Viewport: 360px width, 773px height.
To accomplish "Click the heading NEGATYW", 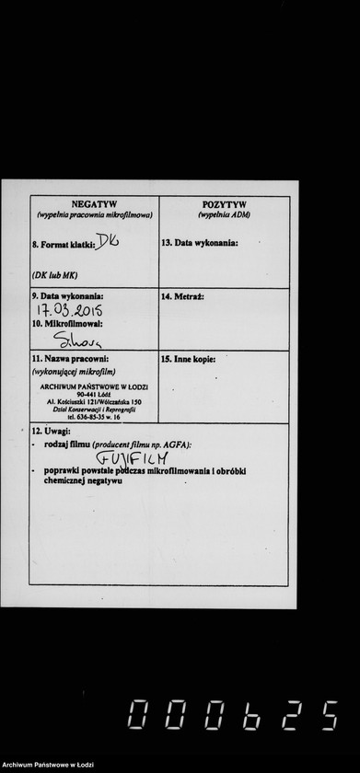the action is [x=94, y=204].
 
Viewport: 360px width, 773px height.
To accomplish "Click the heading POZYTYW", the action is [x=224, y=204].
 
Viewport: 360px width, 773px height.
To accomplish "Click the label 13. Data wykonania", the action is [x=200, y=243].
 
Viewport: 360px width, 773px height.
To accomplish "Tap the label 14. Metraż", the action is [x=182, y=296].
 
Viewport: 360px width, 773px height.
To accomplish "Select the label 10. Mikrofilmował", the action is [x=67, y=324].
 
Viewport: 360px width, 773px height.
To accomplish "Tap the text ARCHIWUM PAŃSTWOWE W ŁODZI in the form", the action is [x=94, y=386].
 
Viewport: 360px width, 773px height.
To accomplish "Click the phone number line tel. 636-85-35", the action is [x=94, y=417].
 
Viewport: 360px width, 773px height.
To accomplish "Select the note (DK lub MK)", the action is [x=54, y=275].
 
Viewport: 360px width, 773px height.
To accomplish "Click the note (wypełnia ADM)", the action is [x=224, y=214].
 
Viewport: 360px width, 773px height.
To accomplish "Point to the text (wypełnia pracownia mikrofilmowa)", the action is [x=94, y=214].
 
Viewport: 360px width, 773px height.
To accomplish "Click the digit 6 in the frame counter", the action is [x=250, y=715].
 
